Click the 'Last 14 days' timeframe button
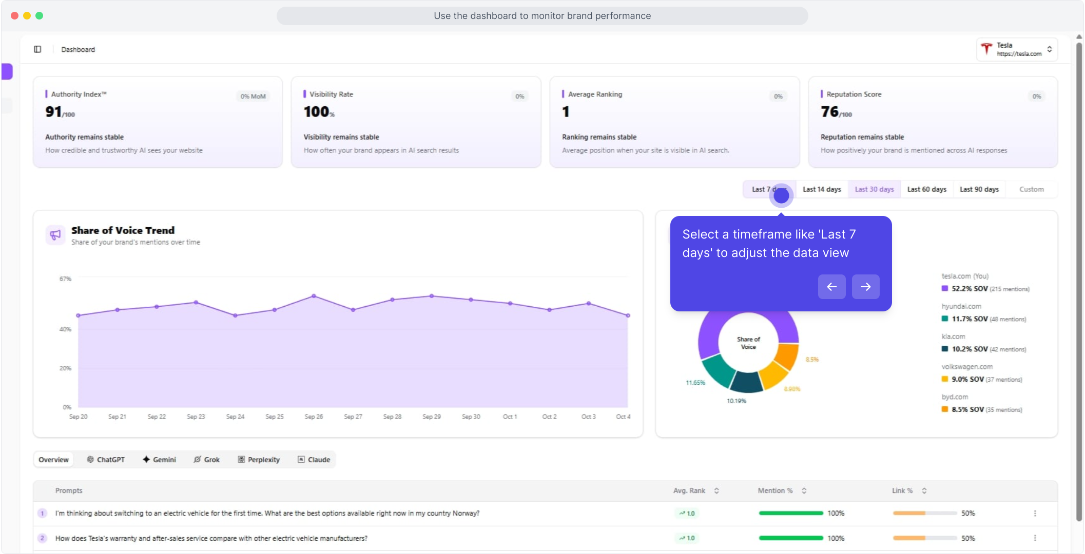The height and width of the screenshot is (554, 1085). [x=822, y=189]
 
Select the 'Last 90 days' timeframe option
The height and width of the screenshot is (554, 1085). [x=979, y=189]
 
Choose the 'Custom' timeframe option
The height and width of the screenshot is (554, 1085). [x=1031, y=189]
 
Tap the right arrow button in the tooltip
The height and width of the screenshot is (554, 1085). [x=865, y=287]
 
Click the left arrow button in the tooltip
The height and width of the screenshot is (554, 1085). [x=831, y=287]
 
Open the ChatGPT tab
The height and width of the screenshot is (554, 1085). [x=106, y=460]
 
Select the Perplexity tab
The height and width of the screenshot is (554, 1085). [x=259, y=460]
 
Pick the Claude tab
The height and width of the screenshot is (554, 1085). [x=314, y=460]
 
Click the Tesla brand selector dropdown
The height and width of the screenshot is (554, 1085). [x=1017, y=49]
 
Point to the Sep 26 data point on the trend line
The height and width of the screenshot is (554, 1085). [x=314, y=296]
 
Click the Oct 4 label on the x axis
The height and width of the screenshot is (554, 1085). [x=623, y=417]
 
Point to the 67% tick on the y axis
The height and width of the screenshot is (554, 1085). [x=65, y=279]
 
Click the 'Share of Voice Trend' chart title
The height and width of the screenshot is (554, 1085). [x=123, y=230]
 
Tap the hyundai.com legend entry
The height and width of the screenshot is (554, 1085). [x=961, y=306]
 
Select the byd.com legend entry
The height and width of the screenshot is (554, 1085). [x=954, y=397]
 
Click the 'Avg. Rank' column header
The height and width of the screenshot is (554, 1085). [x=689, y=491]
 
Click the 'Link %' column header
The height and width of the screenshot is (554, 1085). [x=902, y=491]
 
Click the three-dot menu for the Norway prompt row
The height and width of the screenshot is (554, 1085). [x=1035, y=513]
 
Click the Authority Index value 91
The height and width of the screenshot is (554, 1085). [x=53, y=111]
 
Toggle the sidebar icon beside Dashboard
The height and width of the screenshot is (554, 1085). [x=37, y=49]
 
